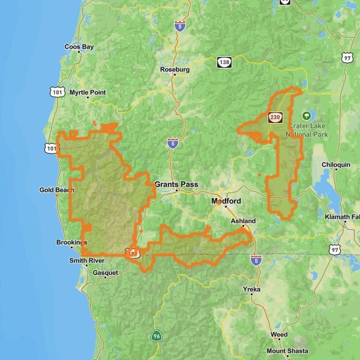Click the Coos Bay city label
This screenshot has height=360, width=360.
(79, 46)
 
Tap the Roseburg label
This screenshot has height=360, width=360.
(175, 70)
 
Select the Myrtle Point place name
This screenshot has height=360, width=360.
(88, 92)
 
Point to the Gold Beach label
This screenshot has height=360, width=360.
(57, 190)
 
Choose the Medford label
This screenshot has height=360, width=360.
(226, 201)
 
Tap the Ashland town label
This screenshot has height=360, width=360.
(243, 221)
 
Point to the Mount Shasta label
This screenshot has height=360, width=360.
(287, 351)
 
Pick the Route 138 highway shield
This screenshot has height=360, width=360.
(224, 61)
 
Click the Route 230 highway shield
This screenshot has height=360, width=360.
(275, 117)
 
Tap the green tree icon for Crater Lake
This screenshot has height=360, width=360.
(307, 116)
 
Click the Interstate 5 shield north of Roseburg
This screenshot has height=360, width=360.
(179, 26)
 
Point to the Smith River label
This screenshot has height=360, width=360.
(86, 260)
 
